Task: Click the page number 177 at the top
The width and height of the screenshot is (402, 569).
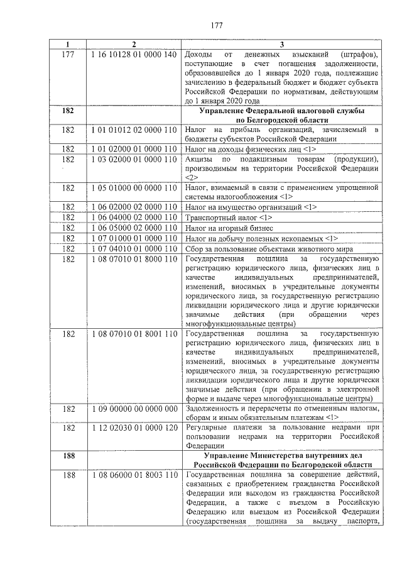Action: (217, 25)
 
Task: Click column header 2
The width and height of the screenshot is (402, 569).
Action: (133, 44)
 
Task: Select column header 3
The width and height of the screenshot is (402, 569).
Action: (281, 44)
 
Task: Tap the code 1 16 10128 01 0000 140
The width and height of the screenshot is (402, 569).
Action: (134, 55)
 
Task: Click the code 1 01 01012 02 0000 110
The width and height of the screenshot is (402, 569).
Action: (134, 130)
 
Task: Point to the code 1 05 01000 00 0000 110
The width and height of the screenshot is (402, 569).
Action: (134, 188)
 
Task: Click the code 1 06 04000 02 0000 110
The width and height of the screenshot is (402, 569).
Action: (134, 217)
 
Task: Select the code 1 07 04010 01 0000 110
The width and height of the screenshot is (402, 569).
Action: (134, 248)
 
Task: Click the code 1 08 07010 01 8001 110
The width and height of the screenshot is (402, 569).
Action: (134, 334)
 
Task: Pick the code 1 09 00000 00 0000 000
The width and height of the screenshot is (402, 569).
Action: (134, 409)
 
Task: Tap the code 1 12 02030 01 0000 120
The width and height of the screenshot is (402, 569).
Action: (134, 428)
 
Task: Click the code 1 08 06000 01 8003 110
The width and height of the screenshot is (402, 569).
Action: (134, 474)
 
